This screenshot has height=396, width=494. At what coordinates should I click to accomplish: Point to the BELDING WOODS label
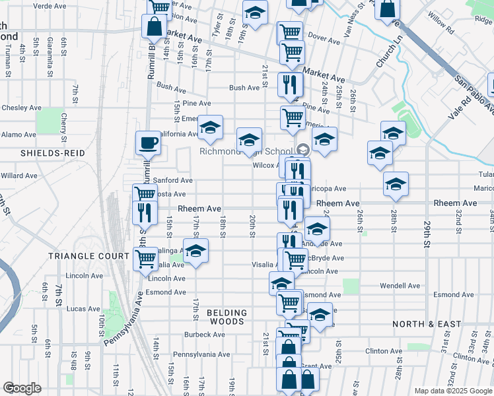(227, 317)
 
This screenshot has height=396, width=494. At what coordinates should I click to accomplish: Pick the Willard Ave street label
(19, 176)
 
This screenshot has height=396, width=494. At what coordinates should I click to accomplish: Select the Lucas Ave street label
(83, 309)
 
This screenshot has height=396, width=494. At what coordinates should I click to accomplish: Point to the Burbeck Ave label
(205, 335)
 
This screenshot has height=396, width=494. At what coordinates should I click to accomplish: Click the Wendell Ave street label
(400, 286)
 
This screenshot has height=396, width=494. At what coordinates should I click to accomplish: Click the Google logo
(22, 388)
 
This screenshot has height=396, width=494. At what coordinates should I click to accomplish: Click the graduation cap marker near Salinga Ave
(195, 252)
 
